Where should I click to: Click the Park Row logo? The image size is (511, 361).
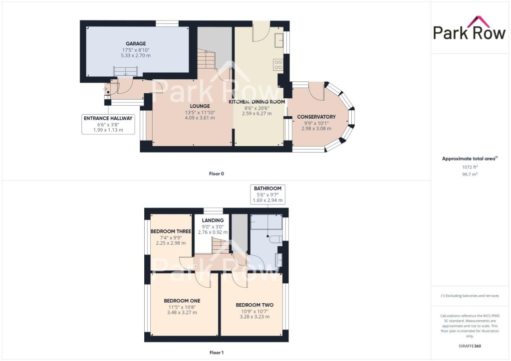tap(469, 28)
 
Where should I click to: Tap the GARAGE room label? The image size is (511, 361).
tap(136, 43)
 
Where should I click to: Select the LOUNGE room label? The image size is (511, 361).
tap(200, 106)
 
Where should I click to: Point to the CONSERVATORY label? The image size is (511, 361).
tap(316, 117)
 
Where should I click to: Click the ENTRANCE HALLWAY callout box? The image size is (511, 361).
tap(108, 124)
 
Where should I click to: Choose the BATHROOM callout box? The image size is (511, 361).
tap(267, 194)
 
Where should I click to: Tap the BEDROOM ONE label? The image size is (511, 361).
tap(182, 301)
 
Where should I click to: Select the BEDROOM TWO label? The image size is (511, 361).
tap(255, 305)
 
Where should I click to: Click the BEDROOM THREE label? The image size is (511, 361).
tap(171, 231)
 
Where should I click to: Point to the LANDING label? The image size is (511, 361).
tap(213, 220)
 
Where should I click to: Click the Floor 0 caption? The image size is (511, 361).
tap(217, 174)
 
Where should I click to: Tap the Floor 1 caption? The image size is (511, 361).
tap(217, 352)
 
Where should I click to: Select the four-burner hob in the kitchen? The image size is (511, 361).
tap(278, 64)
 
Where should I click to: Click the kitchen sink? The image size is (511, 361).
tap(279, 40)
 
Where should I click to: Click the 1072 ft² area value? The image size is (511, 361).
tap(470, 167)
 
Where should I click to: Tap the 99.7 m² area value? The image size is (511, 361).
tap(470, 174)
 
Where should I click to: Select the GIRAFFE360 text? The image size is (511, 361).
tap(470, 346)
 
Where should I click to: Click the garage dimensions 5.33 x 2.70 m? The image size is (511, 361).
tap(136, 56)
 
